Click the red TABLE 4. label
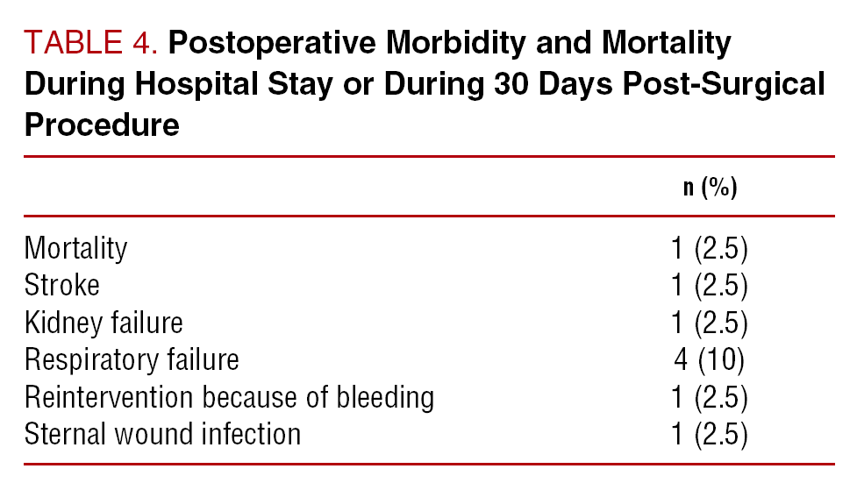pyautogui.click(x=90, y=43)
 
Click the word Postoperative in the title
pyautogui.click(x=272, y=44)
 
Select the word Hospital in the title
pyautogui.click(x=196, y=84)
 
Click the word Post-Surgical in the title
pyautogui.click(x=724, y=84)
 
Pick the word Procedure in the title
pyautogui.click(x=102, y=125)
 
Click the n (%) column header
pyautogui.click(x=710, y=187)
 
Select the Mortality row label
pyautogui.click(x=75, y=249)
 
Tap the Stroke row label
pyautogui.click(x=61, y=285)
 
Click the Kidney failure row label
pyautogui.click(x=104, y=323)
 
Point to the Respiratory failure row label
pyautogui.click(x=132, y=359)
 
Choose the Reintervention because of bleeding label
pyautogui.click(x=229, y=397)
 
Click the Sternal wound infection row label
pyautogui.click(x=162, y=434)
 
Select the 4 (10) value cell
pyautogui.click(x=710, y=359)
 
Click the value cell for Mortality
pyautogui.click(x=710, y=249)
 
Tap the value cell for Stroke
pyautogui.click(x=710, y=285)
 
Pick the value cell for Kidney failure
pyautogui.click(x=710, y=323)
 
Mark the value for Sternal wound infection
pyautogui.click(x=710, y=434)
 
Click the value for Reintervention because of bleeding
pyautogui.click(x=710, y=397)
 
